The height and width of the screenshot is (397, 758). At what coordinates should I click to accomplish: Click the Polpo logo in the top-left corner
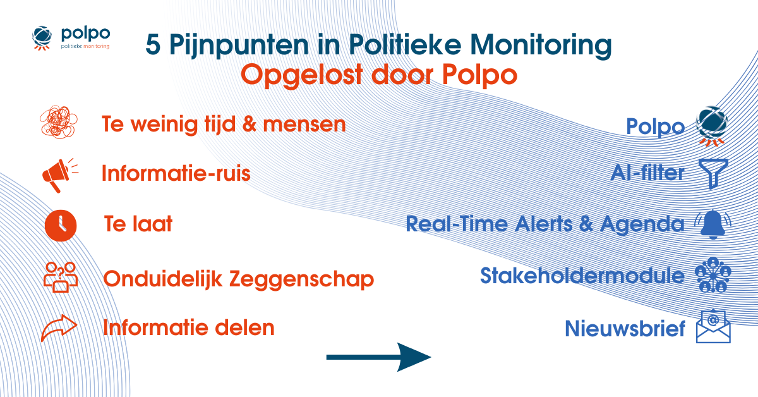[70, 38]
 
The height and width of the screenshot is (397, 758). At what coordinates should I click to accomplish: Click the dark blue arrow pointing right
[378, 358]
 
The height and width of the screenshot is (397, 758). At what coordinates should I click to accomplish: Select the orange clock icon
[61, 225]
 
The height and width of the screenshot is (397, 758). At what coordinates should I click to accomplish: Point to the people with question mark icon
[60, 278]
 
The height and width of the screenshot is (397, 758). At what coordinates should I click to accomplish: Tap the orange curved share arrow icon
[59, 328]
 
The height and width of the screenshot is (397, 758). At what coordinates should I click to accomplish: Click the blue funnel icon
[714, 173]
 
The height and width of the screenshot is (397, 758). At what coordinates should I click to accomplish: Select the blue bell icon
[713, 224]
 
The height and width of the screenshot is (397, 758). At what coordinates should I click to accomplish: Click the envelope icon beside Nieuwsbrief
[713, 327]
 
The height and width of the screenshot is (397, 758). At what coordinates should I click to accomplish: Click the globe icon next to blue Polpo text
[712, 125]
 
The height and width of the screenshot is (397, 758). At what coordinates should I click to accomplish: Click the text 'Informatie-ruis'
[176, 173]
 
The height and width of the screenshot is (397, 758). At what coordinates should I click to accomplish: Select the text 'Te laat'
[139, 224]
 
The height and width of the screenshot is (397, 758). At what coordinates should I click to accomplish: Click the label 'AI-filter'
[647, 173]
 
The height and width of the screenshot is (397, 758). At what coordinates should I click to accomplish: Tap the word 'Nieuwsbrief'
[625, 329]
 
